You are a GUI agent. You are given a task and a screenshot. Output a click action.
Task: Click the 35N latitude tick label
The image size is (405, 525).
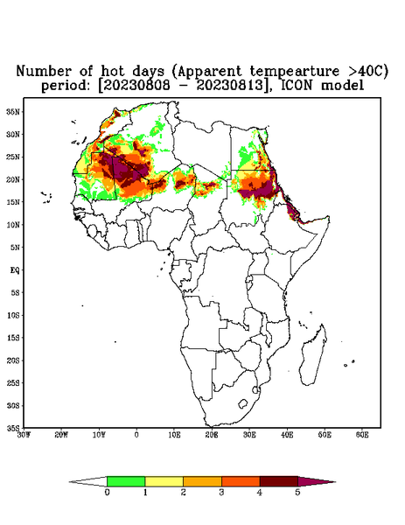point(13,112)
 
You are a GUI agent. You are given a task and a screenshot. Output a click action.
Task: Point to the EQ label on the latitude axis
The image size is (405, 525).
point(14,269)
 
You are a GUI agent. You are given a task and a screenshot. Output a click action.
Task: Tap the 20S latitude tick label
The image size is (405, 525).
point(13,360)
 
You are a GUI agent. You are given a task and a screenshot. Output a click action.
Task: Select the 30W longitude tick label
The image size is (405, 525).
point(24,435)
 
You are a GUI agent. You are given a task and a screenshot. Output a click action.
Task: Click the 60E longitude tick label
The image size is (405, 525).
point(362,435)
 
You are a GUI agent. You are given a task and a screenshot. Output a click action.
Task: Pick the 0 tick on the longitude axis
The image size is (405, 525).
point(136,435)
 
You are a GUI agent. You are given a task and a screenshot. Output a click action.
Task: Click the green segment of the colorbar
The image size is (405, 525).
point(126,481)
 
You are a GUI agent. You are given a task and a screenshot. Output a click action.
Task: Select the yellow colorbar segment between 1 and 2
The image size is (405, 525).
point(164,481)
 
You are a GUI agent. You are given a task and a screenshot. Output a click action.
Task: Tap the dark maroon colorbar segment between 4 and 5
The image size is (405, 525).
point(279,481)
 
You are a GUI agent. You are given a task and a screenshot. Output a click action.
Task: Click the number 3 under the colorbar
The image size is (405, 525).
point(221,493)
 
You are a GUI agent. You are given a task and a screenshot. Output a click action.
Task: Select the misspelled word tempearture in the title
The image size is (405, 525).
point(295,72)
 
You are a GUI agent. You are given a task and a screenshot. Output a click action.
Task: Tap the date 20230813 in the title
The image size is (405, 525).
point(230,86)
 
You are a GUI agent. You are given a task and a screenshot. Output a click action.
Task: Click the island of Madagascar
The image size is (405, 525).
point(313,357)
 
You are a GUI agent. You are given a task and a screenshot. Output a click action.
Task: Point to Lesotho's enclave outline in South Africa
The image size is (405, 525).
point(242,403)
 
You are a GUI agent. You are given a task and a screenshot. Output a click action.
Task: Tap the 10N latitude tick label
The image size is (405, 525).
point(13,225)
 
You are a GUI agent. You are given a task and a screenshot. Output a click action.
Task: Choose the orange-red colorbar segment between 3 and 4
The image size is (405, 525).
point(241,481)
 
